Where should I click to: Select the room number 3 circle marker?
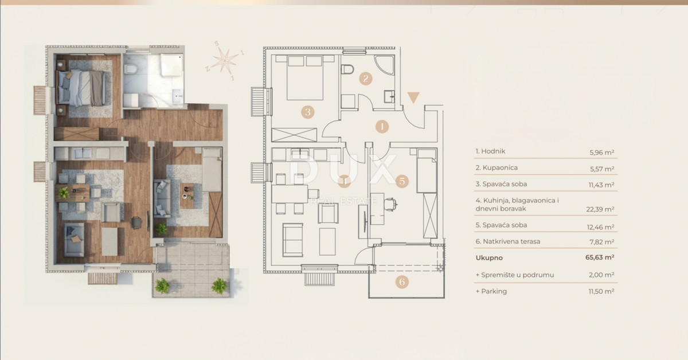coord(308,112)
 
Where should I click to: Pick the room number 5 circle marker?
coord(402,181)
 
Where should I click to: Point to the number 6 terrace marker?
coord(402,281)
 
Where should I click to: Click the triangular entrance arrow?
coord(413,98)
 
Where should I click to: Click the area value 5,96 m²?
coord(602,152)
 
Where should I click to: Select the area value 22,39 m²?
coord(602,209)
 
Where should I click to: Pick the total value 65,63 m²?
coord(600,258)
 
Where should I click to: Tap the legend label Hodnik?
coord(490,152)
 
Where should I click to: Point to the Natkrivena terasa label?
coord(508,241)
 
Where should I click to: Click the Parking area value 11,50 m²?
coord(602,291)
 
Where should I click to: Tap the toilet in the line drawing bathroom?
coord(347,71)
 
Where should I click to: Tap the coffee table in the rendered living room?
coord(187,194)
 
